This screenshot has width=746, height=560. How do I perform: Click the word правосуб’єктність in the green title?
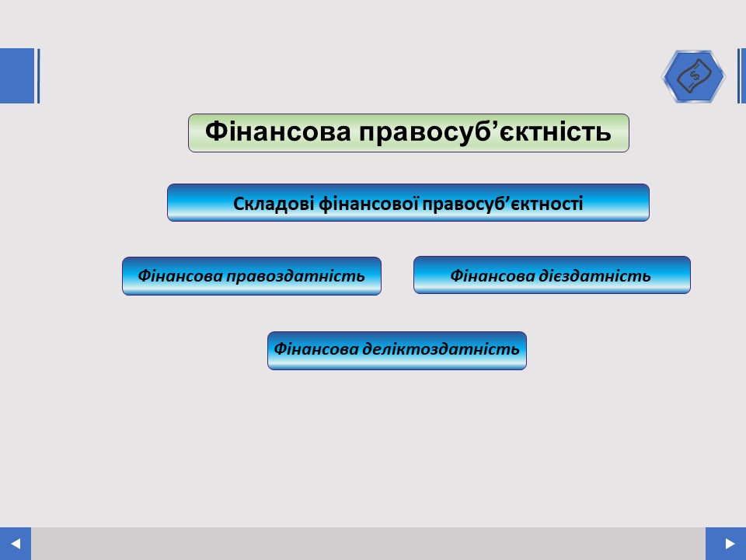click(x=485, y=132)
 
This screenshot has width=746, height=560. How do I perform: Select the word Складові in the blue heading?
click(x=274, y=204)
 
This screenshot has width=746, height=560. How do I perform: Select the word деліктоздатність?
click(x=441, y=349)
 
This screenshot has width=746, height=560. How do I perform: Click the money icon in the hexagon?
click(x=694, y=76)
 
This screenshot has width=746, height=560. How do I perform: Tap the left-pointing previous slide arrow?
click(x=16, y=544)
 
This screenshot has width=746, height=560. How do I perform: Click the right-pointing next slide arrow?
click(x=730, y=544)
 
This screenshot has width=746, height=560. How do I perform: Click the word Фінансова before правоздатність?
click(x=180, y=276)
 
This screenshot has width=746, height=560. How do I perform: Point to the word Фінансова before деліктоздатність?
click(x=316, y=349)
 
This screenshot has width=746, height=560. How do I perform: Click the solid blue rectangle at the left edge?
click(x=17, y=75)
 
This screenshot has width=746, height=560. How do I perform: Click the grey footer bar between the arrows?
click(x=368, y=544)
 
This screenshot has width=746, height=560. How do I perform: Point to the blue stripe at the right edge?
click(x=741, y=75)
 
